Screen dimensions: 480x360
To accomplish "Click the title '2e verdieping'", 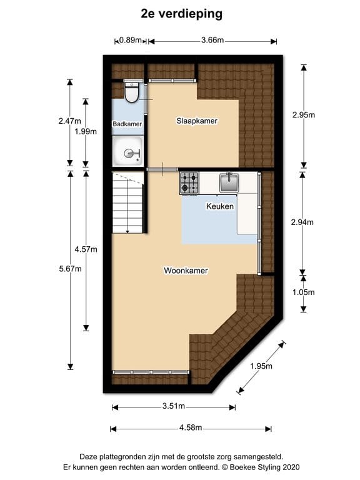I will click(180, 12).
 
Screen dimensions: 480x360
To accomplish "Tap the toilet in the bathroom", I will click(132, 92).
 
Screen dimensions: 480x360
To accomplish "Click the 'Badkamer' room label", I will click(127, 124).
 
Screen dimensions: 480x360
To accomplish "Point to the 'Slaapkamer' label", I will click(197, 121).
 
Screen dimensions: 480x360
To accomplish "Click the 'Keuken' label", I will click(220, 206).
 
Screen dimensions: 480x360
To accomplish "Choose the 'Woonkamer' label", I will click(186, 271).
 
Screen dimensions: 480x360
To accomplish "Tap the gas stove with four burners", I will click(189, 182).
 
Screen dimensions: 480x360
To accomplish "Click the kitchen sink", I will click(229, 182).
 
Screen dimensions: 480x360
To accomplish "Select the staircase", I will click(129, 202).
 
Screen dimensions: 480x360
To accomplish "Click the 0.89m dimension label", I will click(130, 41).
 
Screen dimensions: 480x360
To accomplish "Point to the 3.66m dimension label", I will click(212, 41).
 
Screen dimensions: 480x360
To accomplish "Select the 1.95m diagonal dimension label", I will click(261, 367).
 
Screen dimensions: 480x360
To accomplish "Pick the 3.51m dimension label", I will click(173, 407).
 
